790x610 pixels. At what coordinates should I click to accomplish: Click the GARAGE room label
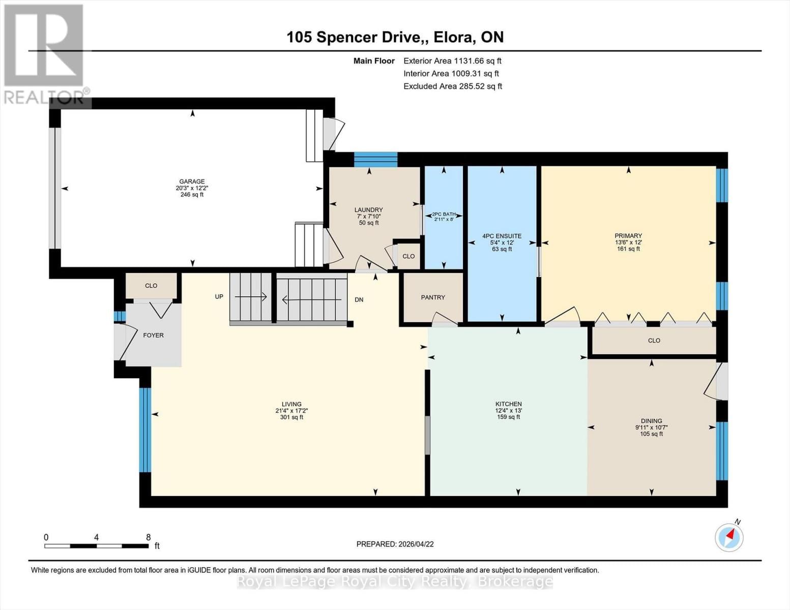(x=192, y=181)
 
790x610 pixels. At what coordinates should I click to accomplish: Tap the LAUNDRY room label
(x=368, y=210)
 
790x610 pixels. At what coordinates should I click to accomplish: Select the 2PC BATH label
(x=444, y=214)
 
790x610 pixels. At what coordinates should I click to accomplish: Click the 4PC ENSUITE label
(x=502, y=236)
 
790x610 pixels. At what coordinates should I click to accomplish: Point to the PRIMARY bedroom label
(x=628, y=236)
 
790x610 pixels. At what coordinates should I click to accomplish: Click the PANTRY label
(x=433, y=297)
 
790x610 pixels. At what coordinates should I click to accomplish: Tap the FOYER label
(x=153, y=335)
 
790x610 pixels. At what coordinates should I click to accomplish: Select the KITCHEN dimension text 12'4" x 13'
(x=508, y=411)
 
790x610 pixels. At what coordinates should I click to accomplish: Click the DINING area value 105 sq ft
(x=651, y=434)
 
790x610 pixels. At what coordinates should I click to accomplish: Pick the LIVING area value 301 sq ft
(x=291, y=417)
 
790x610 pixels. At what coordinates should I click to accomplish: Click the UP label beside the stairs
(x=219, y=297)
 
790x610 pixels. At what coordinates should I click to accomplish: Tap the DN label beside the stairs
(x=359, y=300)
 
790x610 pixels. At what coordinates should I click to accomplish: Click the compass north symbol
(x=729, y=536)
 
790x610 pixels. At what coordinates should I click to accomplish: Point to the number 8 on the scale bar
(x=148, y=537)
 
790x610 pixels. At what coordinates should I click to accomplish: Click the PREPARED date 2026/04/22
(x=415, y=544)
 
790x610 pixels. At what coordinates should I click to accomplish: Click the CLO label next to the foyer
(x=151, y=286)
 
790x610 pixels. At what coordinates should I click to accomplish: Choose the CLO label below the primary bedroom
(x=654, y=341)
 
